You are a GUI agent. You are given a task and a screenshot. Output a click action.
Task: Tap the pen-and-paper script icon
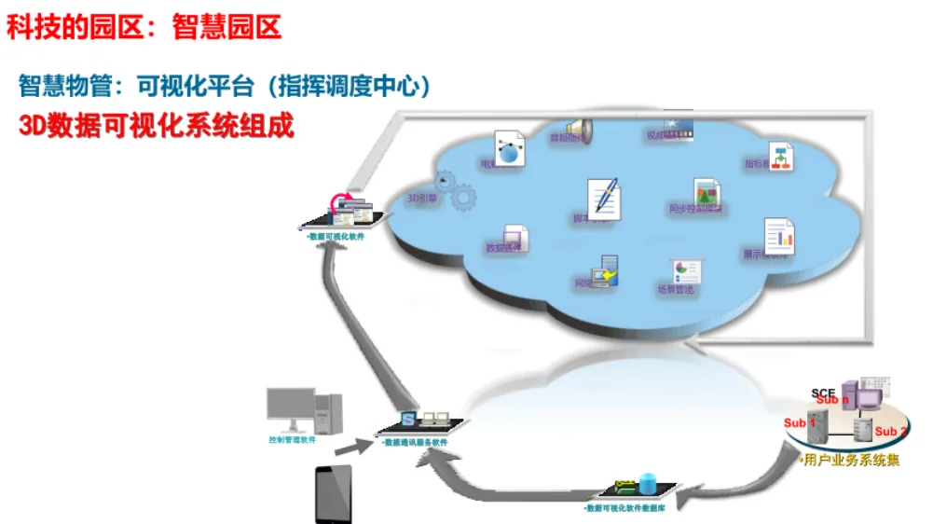point(602,197)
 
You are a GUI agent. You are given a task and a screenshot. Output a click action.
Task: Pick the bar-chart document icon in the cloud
point(779,236)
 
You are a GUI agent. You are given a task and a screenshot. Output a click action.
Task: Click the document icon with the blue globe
point(509,149)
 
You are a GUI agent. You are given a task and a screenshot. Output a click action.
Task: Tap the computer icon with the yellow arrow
point(608,271)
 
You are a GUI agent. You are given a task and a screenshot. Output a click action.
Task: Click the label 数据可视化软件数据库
point(624,508)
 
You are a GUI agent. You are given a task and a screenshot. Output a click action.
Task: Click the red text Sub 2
point(890,431)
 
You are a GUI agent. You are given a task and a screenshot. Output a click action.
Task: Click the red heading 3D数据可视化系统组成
point(157,126)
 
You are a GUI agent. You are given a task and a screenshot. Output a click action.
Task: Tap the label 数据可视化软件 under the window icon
point(335,238)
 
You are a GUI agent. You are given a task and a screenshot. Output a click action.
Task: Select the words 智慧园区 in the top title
point(226,26)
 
